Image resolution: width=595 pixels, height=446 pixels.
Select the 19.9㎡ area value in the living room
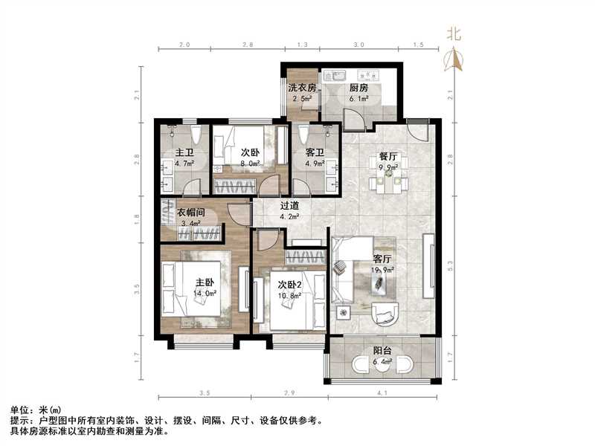pyautogui.click(x=383, y=271)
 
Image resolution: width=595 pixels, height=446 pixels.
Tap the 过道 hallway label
pyautogui.click(x=289, y=207)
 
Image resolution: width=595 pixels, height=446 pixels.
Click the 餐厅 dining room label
pyautogui.click(x=389, y=157)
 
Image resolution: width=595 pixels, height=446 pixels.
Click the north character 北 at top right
pyautogui.click(x=454, y=33)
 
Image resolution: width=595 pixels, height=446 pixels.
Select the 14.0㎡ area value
pyautogui.click(x=204, y=294)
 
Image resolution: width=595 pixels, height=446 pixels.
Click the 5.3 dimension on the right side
pyautogui.click(x=450, y=262)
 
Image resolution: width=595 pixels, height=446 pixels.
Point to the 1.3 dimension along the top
pyautogui.click(x=302, y=45)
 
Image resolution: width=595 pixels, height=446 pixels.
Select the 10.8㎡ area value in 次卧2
pyautogui.click(x=289, y=295)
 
